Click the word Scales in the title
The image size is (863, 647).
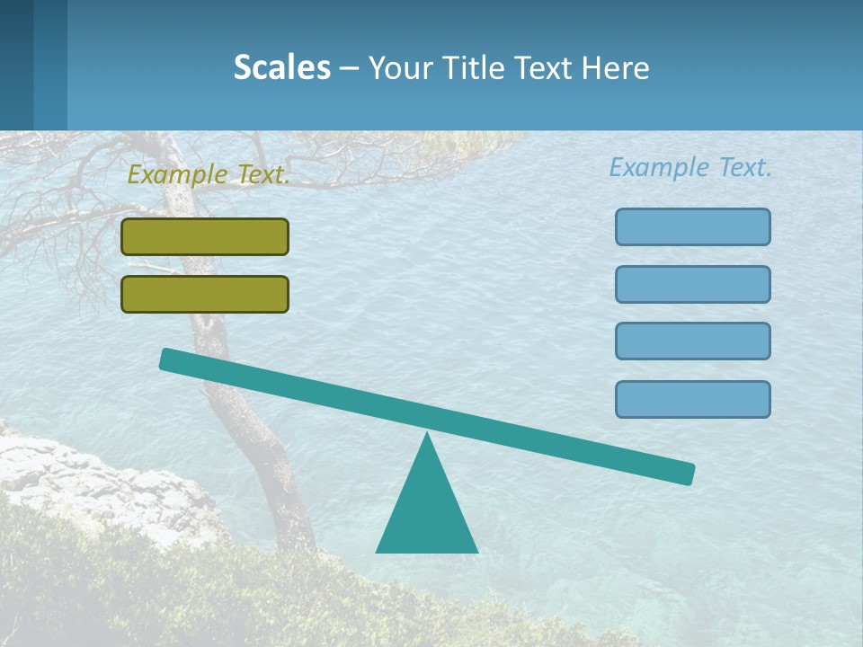pyautogui.click(x=281, y=67)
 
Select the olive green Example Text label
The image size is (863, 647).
pyautogui.click(x=208, y=174)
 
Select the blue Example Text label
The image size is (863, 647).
pyautogui.click(x=690, y=167)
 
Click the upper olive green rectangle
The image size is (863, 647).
pyautogui.click(x=205, y=236)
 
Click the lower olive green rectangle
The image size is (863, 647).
pyautogui.click(x=205, y=294)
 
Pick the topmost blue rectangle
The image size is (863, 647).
pyautogui.click(x=692, y=226)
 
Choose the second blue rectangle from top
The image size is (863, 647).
pyautogui.click(x=692, y=284)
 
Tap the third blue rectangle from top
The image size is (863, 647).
pyautogui.click(x=692, y=341)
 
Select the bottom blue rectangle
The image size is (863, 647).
pyautogui.click(x=692, y=399)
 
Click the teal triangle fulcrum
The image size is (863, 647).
pyautogui.click(x=426, y=512)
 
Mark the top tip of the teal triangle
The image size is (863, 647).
pyautogui.click(x=427, y=436)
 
